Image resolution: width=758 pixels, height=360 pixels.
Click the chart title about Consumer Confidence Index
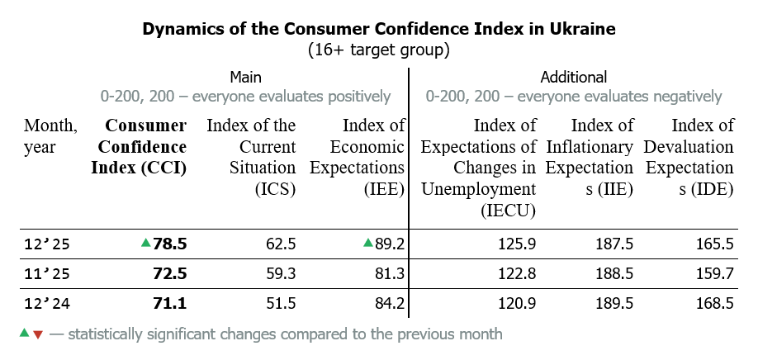coord(379,30)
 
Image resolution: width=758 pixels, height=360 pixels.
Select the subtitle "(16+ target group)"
coord(379,50)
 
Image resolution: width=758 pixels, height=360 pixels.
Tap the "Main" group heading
coord(245,77)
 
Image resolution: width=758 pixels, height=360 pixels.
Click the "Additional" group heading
coord(573,77)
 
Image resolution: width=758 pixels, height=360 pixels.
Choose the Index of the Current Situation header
coord(250,157)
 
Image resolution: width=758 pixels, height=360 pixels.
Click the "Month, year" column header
coord(51,136)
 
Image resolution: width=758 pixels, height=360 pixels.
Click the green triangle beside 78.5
coord(145,243)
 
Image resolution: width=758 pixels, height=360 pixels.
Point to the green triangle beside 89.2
coord(367,243)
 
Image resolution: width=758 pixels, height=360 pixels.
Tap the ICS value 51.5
coord(279,303)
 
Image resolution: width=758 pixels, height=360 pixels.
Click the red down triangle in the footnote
coord(37,335)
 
